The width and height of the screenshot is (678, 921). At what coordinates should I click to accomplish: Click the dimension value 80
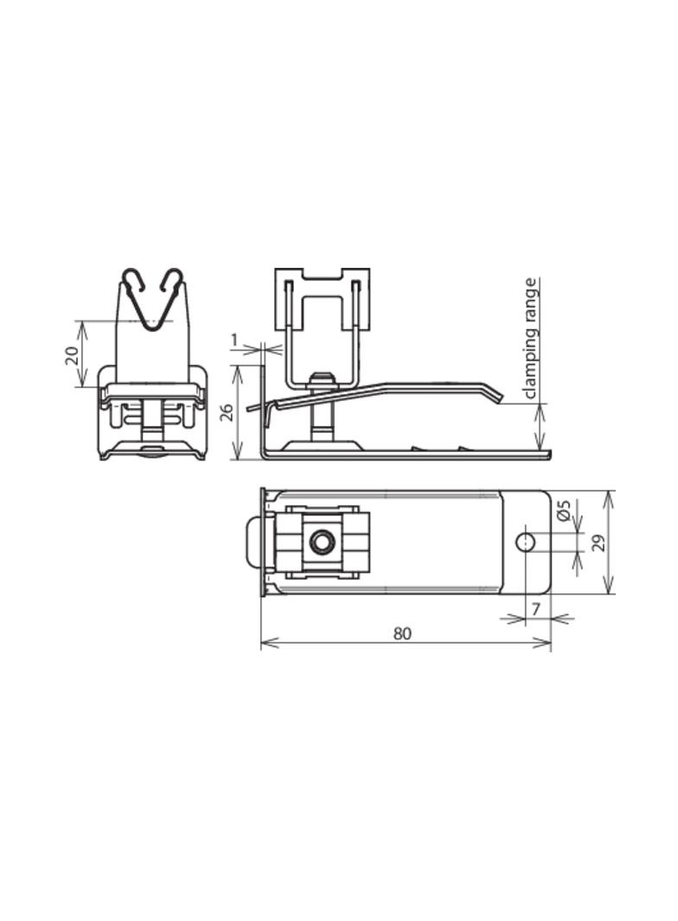[x=403, y=633]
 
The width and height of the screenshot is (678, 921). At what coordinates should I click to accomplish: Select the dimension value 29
[x=598, y=542]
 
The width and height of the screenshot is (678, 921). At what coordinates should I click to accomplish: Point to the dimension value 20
[x=71, y=356]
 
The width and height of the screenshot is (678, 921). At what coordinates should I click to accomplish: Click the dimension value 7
[x=535, y=610]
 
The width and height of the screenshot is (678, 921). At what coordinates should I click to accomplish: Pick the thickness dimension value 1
[x=234, y=339]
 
